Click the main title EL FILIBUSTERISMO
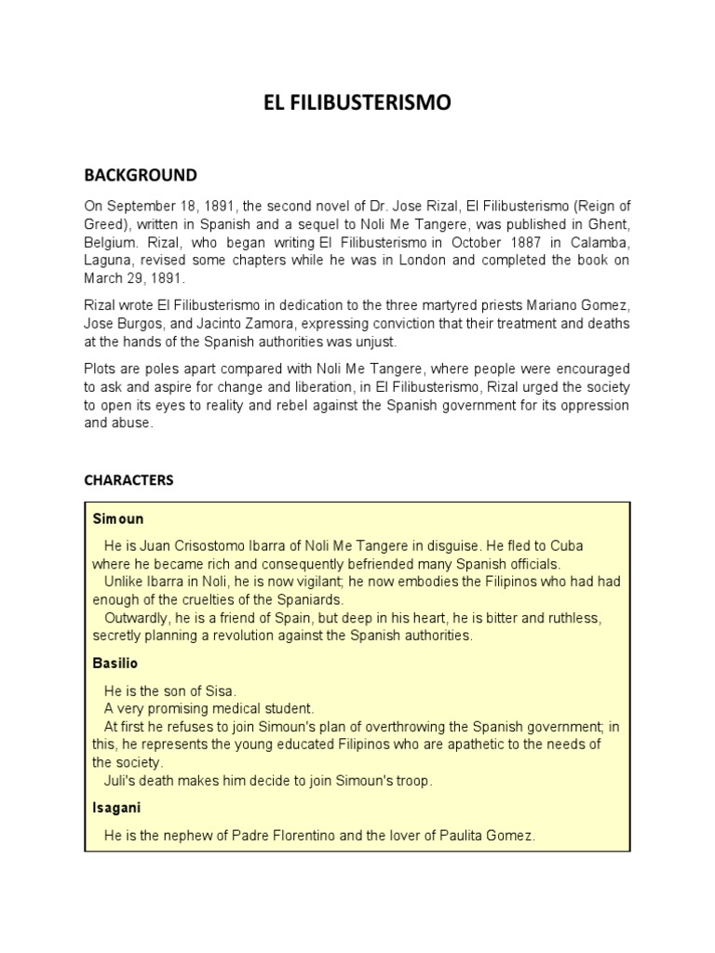(357, 103)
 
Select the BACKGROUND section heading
(141, 175)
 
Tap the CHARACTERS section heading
(128, 480)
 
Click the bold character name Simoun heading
(118, 517)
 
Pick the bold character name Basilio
(115, 664)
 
